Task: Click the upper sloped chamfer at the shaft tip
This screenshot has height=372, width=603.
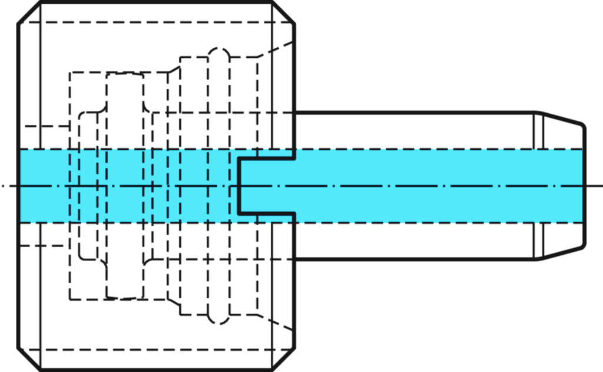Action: click(562, 117)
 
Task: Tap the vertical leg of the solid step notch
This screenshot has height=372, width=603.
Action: click(239, 186)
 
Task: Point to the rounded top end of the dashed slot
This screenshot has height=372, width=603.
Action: click(219, 51)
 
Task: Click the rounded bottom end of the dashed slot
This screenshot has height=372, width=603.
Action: click(219, 321)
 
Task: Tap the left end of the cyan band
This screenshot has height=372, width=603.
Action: click(22, 186)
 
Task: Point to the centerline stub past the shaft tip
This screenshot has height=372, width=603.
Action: click(595, 186)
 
